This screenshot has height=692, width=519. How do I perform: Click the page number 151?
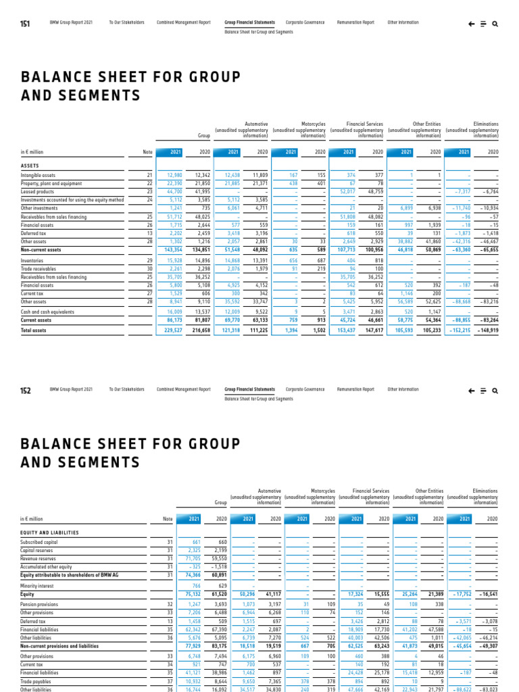[x=25, y=23]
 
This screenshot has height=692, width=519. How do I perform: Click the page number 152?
[x=25, y=390]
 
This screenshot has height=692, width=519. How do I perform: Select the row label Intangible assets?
[x=39, y=175]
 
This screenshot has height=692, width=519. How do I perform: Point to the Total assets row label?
[x=34, y=330]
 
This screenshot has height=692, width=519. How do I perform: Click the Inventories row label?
[x=33, y=260]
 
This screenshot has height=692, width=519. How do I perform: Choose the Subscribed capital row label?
[x=40, y=542]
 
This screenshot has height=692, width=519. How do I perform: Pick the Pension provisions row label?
[x=40, y=603]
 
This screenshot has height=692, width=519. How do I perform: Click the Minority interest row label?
[x=37, y=585]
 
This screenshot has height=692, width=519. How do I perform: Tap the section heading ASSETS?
[x=30, y=165]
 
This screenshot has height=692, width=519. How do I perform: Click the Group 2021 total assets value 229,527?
[x=174, y=330]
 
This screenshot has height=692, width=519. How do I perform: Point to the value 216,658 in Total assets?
[x=201, y=330]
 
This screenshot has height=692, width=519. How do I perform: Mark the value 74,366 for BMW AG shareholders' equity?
[x=191, y=574]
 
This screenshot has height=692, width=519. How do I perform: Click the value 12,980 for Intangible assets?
[x=174, y=175]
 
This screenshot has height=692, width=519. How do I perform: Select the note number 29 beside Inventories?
[x=149, y=260]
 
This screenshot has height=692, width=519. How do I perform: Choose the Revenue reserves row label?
[x=38, y=558]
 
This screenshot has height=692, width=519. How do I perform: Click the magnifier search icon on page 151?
[x=495, y=23]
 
